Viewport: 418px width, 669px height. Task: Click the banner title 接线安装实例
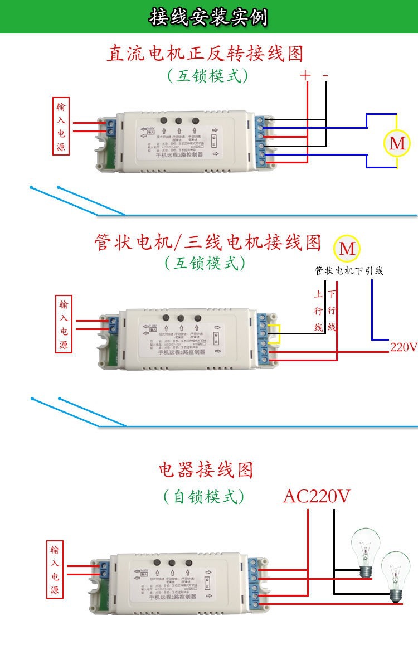click(208, 17)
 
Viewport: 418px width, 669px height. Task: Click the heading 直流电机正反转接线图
click(206, 54)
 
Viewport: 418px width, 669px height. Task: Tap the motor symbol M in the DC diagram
click(397, 143)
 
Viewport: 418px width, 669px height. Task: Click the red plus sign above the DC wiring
click(305, 76)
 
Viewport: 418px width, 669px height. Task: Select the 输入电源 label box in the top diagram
click(61, 127)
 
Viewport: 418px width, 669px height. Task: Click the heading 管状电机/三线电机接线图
click(208, 243)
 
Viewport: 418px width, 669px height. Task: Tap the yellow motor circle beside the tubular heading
click(347, 248)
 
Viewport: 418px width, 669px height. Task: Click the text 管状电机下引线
click(349, 271)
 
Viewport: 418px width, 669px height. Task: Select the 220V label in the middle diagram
click(404, 347)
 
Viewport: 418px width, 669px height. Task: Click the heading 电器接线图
click(206, 469)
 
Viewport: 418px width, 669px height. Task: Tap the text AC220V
click(317, 496)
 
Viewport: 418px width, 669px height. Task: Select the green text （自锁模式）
click(204, 496)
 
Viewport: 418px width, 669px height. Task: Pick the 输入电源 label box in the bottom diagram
click(55, 569)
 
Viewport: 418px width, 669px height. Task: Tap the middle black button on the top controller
click(179, 120)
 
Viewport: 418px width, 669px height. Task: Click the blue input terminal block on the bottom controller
click(103, 569)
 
